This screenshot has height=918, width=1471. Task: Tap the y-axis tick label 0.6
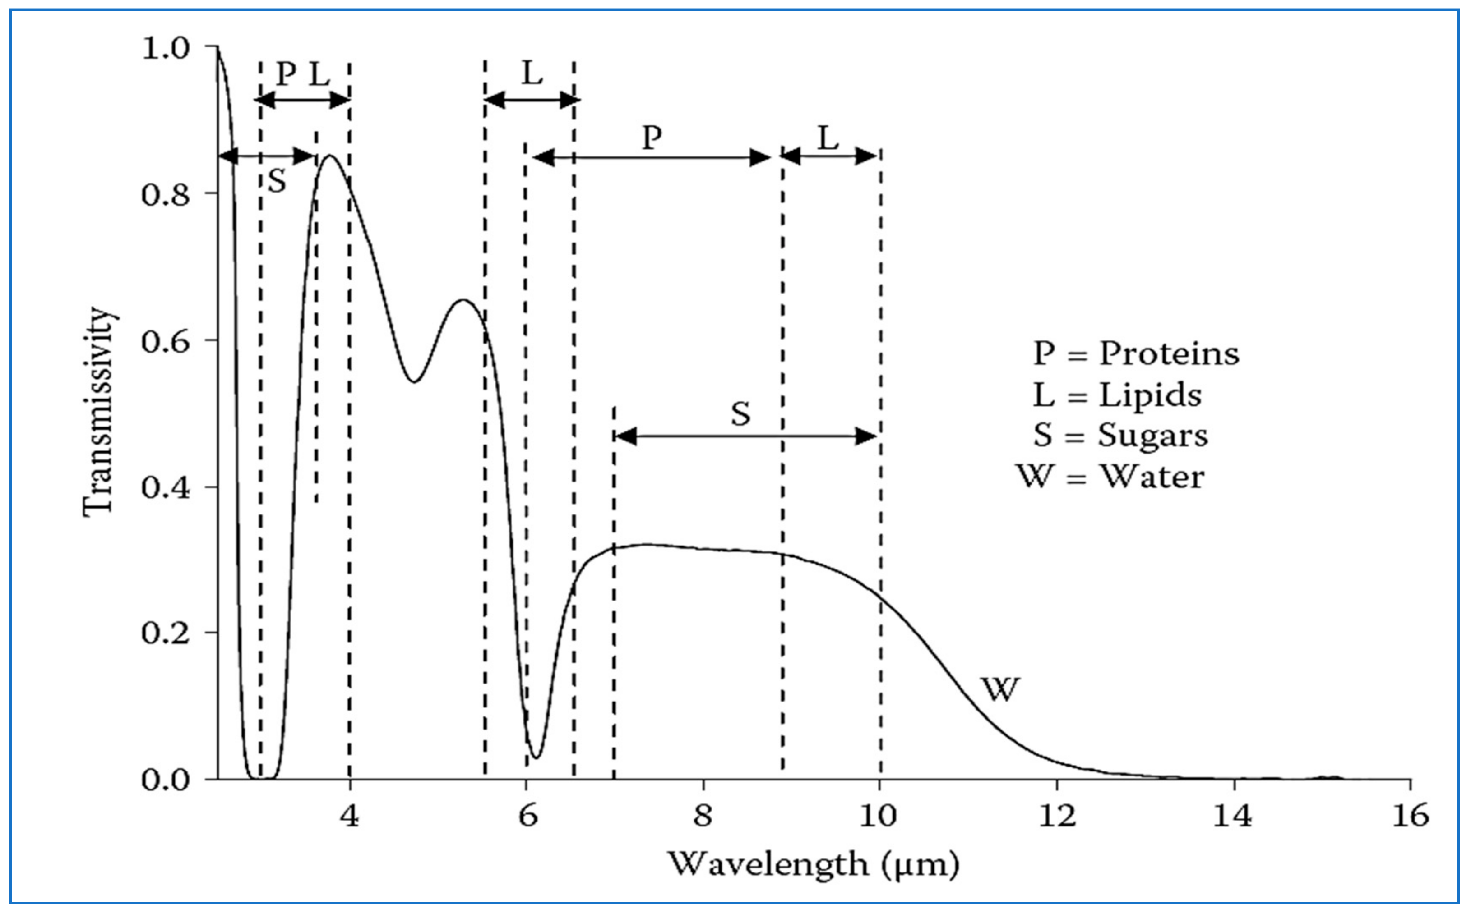coord(165,340)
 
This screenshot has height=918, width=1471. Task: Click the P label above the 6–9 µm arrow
coord(652,138)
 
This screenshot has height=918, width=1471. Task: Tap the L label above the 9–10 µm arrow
coord(828,138)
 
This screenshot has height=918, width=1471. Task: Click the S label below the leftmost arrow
coord(277,181)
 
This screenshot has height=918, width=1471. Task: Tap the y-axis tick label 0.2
coord(165,633)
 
